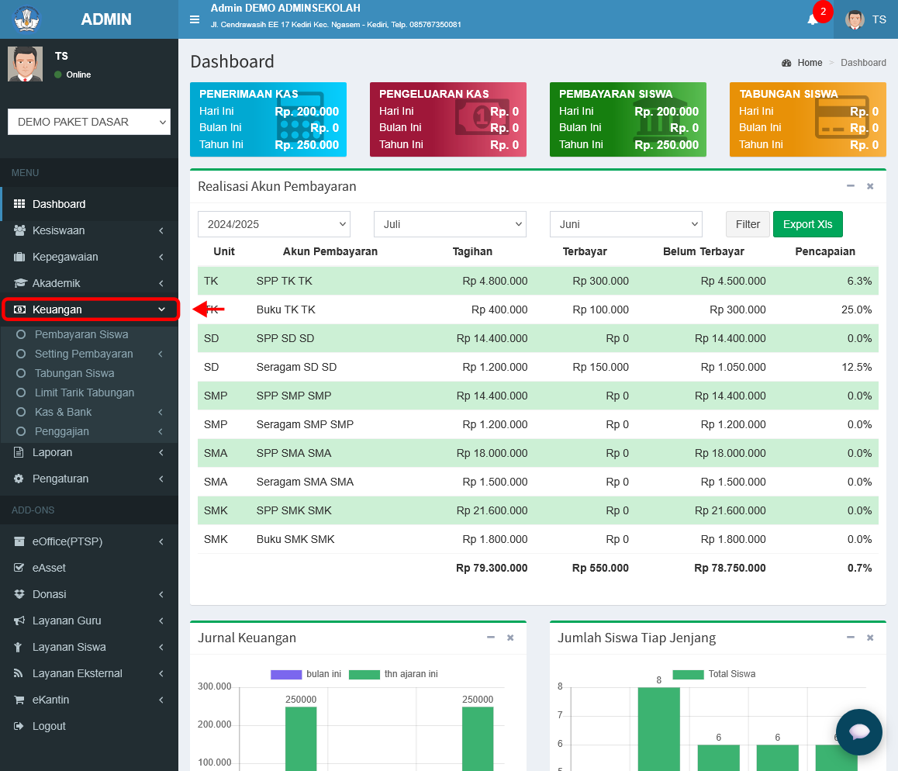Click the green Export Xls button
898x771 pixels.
(807, 224)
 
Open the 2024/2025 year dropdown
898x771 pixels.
(274, 224)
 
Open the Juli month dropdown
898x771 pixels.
(450, 224)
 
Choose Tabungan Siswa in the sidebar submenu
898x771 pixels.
(74, 373)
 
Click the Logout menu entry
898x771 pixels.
(49, 726)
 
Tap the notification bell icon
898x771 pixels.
(812, 20)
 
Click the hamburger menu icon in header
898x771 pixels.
(195, 19)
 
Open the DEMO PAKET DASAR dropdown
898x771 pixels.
(89, 122)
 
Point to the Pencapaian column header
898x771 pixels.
(824, 251)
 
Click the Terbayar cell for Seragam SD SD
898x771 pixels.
(600, 367)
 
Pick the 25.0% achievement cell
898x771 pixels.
(856, 310)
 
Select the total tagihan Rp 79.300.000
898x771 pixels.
(492, 568)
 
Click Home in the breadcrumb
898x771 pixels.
(810, 62)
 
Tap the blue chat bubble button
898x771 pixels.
(858, 732)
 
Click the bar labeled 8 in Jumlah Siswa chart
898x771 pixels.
(658, 728)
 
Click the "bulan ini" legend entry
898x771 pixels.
(306, 674)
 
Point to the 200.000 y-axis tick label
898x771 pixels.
(214, 724)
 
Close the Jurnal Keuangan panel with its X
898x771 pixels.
(510, 638)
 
